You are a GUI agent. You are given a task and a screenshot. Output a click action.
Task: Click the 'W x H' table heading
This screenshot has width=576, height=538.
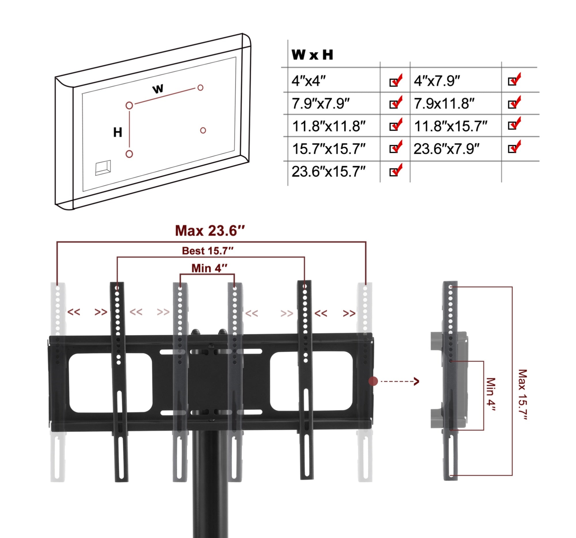(312, 54)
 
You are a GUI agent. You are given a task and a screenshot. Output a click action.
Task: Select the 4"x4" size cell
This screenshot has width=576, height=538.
(308, 81)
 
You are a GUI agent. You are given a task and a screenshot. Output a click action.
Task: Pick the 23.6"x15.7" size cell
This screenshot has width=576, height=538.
(328, 172)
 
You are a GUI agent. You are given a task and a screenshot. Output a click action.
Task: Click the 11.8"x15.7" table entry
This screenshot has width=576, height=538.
(450, 126)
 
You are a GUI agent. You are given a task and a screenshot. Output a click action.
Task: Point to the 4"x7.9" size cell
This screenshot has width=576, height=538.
(437, 81)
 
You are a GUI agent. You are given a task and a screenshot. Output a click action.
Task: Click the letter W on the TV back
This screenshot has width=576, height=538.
(158, 89)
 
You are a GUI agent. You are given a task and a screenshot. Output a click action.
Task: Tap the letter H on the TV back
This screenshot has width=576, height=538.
(118, 132)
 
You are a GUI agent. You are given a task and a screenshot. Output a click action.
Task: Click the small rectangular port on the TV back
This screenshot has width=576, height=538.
(103, 168)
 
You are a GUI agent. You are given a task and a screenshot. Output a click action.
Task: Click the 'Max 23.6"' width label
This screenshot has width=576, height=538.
(210, 231)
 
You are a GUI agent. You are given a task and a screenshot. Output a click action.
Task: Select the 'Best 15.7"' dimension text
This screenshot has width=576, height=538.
(207, 251)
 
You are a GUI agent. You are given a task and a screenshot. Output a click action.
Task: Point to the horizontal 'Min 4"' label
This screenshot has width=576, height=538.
(209, 268)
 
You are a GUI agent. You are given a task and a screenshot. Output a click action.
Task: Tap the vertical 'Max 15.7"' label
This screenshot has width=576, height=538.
(522, 394)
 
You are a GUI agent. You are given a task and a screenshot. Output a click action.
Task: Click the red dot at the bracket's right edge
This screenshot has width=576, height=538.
(373, 381)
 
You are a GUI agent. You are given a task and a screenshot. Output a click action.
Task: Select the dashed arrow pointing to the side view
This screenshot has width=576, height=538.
(400, 381)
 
